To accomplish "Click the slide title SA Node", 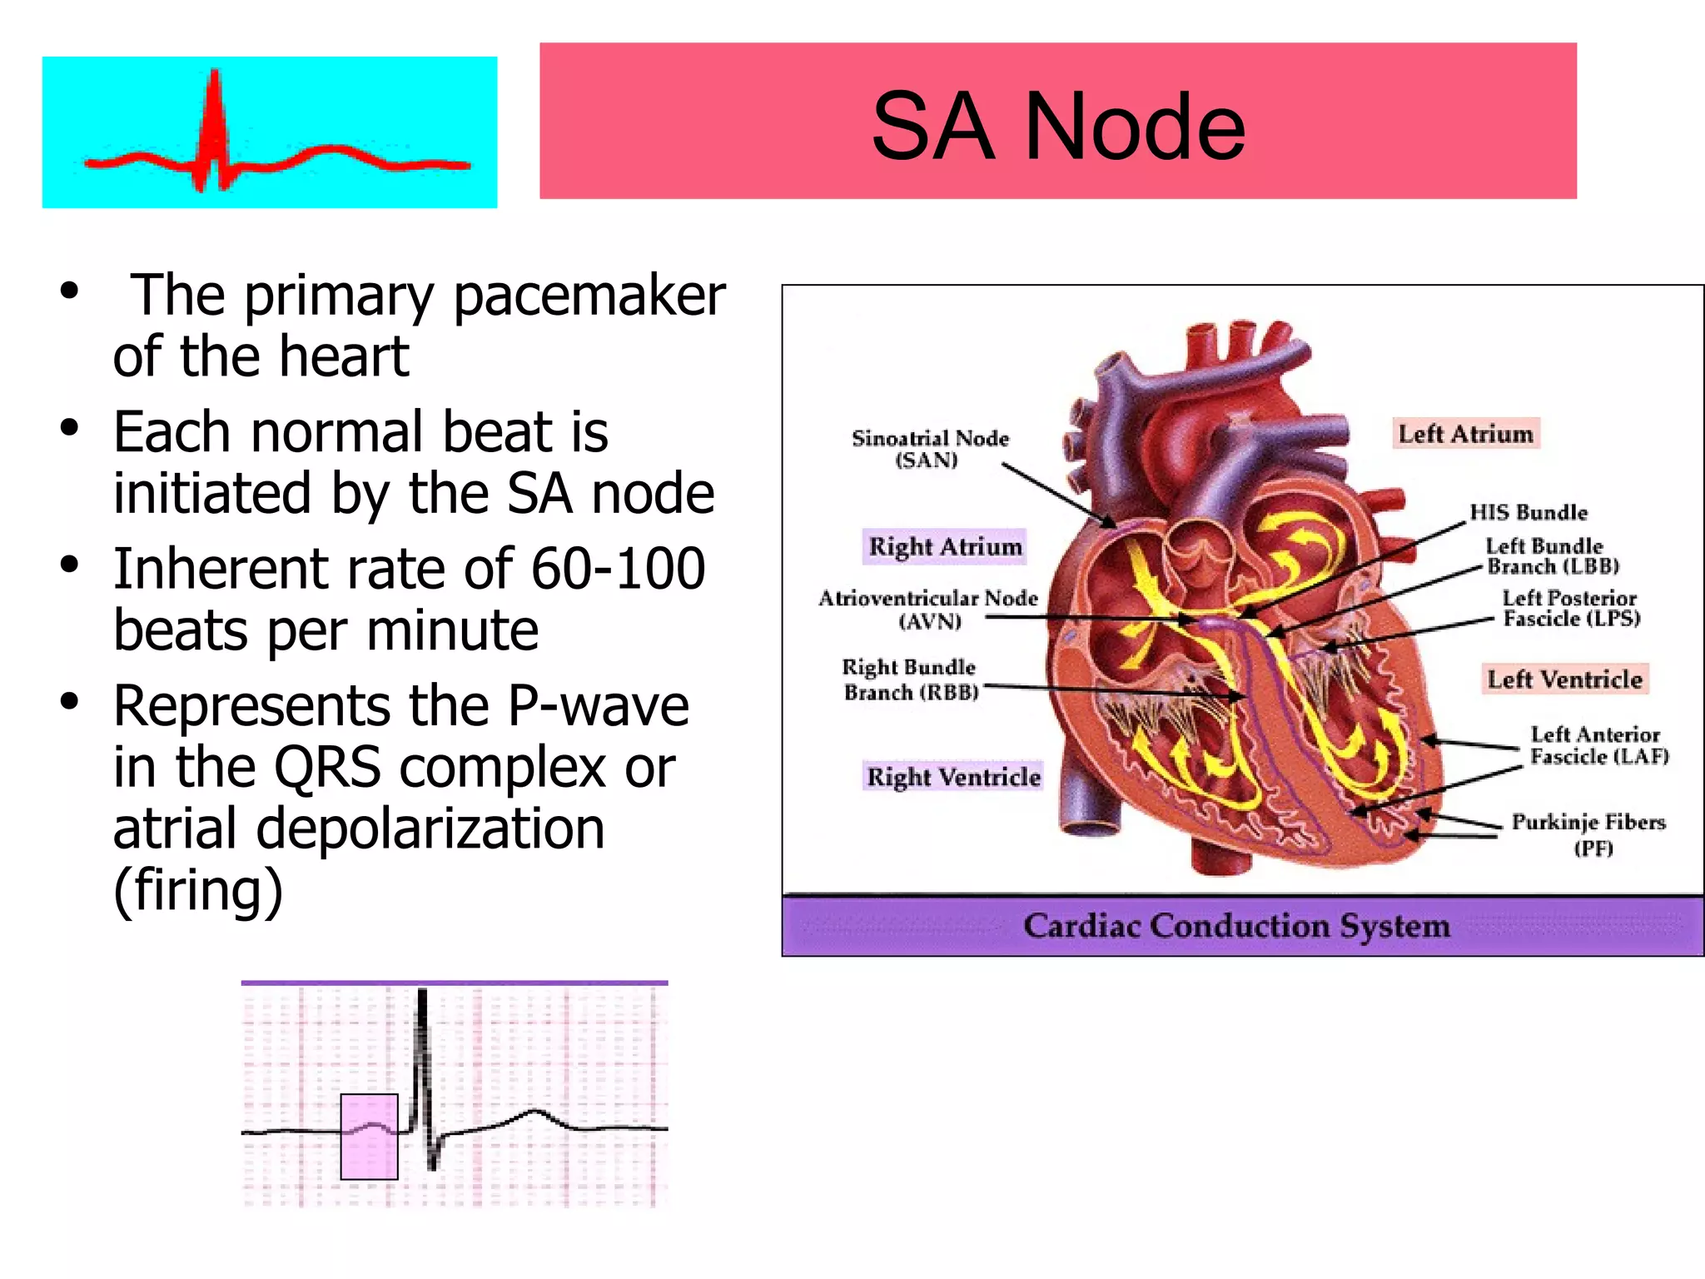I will [1057, 127].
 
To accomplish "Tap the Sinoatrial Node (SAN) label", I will [929, 449].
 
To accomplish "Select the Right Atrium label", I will [944, 547].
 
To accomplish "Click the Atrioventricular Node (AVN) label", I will [928, 610].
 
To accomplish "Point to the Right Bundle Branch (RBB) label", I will [909, 679].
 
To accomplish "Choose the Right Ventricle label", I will [953, 777].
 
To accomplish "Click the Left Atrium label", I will [1465, 434].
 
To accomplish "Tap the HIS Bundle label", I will [1528, 512].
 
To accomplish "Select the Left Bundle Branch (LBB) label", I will [1551, 556].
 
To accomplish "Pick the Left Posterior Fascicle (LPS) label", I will [1570, 608].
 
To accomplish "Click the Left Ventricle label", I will [1564, 679].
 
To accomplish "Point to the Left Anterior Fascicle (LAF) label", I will [1598, 745].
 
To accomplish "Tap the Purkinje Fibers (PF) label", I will [1588, 834].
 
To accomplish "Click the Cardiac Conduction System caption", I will [1236, 926].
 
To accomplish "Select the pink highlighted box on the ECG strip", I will [369, 1137].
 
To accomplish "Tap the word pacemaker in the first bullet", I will [589, 296].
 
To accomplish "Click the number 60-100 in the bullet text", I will [618, 570].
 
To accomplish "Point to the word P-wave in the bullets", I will [598, 706].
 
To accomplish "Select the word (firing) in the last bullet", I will [198, 890].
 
